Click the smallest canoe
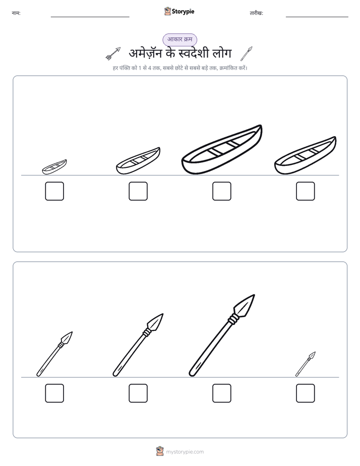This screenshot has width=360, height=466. point(54,167)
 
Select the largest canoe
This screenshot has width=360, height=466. point(221,150)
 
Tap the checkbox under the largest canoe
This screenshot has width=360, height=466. point(221,191)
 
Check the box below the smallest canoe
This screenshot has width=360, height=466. point(54,191)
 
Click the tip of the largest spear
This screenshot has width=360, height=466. point(255,295)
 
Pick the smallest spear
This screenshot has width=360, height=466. point(306,364)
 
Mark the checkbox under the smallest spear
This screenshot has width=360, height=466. point(306,393)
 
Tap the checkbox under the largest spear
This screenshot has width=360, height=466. point(221,393)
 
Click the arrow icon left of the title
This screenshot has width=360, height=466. point(113,53)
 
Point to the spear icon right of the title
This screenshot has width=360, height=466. point(246,53)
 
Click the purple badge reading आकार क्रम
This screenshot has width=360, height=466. point(179,39)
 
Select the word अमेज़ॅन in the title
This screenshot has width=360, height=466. point(146,53)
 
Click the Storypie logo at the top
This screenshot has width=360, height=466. point(179,11)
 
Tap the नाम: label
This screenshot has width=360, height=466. point(16,13)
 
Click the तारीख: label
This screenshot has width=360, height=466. point(256,13)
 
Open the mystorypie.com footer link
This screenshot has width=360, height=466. point(185,452)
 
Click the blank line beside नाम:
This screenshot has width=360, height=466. point(90,17)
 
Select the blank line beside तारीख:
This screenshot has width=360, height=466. point(317,17)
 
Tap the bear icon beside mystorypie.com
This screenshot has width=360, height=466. point(160,451)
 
